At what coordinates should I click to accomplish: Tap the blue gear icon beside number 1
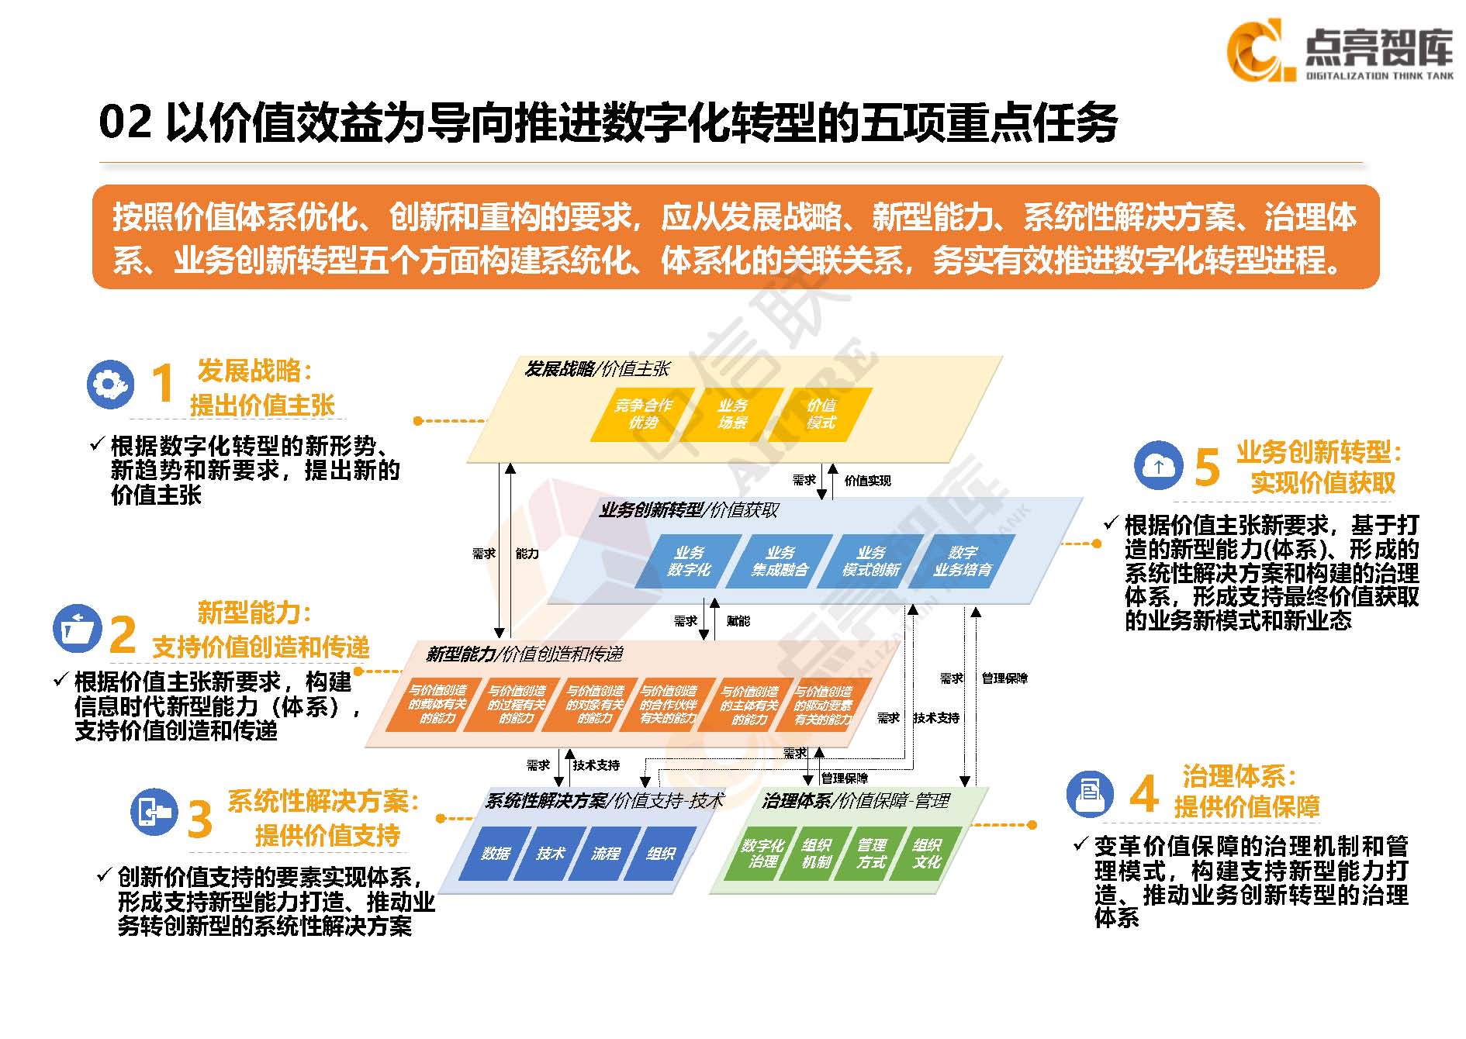[x=110, y=384]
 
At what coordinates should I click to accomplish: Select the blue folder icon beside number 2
[x=78, y=628]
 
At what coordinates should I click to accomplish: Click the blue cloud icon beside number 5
[x=1158, y=465]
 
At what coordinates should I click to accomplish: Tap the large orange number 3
[x=199, y=819]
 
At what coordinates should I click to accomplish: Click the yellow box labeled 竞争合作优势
[x=643, y=414]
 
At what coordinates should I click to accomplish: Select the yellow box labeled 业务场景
[x=732, y=414]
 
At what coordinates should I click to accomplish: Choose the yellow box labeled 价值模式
[x=821, y=414]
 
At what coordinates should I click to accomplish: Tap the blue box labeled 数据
[x=495, y=854]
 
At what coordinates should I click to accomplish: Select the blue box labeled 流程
[x=605, y=854]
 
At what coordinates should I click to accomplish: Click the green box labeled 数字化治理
[x=762, y=854]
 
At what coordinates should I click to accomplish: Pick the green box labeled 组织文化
[x=926, y=854]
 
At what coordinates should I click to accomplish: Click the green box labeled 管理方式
[x=871, y=854]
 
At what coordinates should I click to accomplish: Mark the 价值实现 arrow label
[x=867, y=481]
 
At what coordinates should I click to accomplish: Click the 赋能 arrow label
[x=738, y=621]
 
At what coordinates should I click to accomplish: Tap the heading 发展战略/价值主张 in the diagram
[x=596, y=369]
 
